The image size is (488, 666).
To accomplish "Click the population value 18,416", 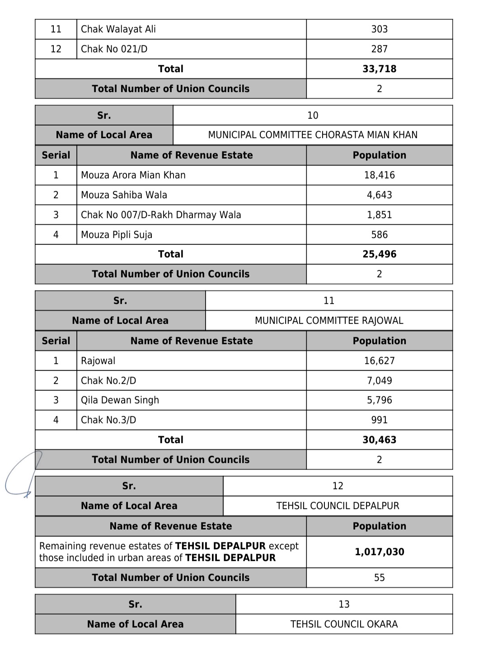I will coord(379,175).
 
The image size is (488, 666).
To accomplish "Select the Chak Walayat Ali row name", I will coord(118,29).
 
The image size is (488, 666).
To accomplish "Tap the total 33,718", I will coord(379,69).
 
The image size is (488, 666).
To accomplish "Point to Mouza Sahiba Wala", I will coord(124,195).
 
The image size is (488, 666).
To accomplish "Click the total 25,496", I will coord(379,254).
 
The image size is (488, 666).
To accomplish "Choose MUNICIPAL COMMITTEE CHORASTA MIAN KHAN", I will coord(313,135).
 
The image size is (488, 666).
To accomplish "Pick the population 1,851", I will coord(379,215).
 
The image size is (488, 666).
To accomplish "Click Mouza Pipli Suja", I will coord(117,235).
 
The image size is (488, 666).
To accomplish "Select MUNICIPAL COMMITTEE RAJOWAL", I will coord(329,321).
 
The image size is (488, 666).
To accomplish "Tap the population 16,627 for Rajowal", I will coord(379,361).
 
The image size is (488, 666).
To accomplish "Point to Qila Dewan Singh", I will coord(120,400).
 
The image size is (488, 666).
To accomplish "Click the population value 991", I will coord(379,420).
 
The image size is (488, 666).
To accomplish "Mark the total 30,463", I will coord(379,440).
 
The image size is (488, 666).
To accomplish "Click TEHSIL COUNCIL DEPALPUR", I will coord(338,506).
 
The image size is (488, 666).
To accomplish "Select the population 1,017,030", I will coord(379,552).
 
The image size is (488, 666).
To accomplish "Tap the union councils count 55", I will coord(379,578).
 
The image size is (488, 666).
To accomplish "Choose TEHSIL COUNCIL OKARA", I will coord(344,624).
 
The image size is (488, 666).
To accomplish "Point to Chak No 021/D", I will coord(114,49).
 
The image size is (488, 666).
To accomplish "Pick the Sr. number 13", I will coord(344,605).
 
